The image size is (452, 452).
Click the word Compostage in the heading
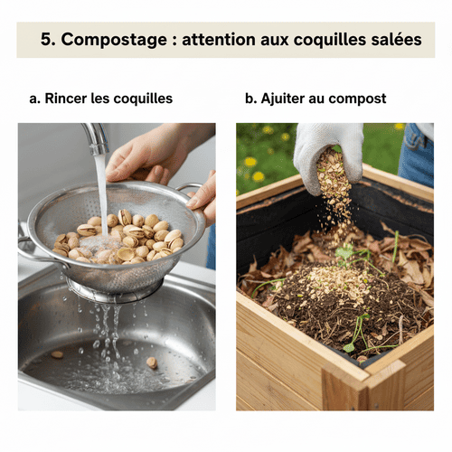pyautogui.click(x=114, y=40)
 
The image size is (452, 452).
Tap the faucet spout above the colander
pyautogui.click(x=97, y=137)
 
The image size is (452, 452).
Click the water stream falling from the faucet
pyautogui.click(x=101, y=193)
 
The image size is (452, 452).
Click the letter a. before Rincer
pyautogui.click(x=34, y=99)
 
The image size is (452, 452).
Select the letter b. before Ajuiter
pyautogui.click(x=250, y=99)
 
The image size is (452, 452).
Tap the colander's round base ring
pyautogui.click(x=115, y=291)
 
